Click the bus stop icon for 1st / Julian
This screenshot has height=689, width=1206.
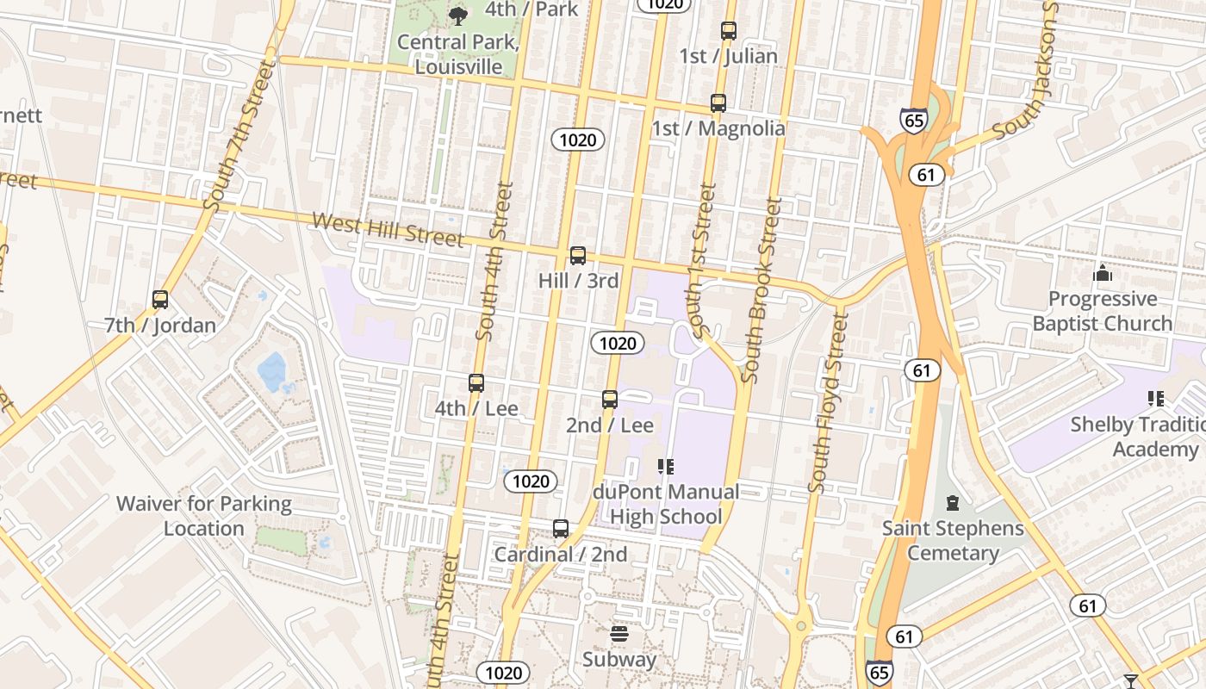[728, 31]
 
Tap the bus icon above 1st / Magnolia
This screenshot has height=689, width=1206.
[718, 103]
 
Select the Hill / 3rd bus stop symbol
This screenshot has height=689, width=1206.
[577, 256]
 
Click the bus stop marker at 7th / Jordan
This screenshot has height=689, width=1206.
[159, 300]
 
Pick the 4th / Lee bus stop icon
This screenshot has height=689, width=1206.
[476, 383]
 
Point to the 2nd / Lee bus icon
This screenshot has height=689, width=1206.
[609, 400]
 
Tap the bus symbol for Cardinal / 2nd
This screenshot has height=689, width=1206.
[560, 529]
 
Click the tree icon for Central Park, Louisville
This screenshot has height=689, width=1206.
[458, 15]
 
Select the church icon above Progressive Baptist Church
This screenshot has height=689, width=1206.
[1102, 274]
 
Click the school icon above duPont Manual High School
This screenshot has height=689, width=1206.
[664, 467]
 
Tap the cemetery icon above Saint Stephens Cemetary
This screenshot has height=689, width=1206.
[952, 502]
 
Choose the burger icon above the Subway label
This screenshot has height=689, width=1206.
[619, 635]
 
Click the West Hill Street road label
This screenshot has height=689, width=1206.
[388, 230]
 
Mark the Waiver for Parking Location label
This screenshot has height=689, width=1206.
[204, 515]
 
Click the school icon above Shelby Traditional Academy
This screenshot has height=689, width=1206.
[1155, 399]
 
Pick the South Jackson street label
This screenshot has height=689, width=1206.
[1028, 73]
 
